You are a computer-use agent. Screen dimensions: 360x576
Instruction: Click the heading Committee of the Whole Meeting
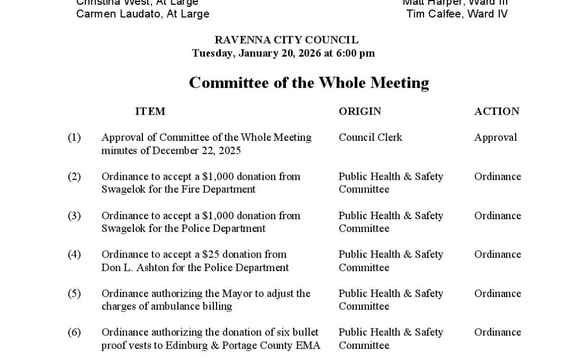[309, 83]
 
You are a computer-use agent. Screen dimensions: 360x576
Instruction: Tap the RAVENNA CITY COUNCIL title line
[286, 40]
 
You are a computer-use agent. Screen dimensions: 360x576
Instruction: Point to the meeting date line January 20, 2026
[283, 53]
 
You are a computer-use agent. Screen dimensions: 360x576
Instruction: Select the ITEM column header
[150, 111]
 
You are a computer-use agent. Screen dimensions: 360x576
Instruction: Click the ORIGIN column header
[360, 111]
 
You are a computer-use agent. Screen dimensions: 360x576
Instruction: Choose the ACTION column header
[497, 111]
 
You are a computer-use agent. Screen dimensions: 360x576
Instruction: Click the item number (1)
[74, 137]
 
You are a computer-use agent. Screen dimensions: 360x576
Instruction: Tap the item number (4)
[74, 254]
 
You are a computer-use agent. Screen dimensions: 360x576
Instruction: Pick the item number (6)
[74, 332]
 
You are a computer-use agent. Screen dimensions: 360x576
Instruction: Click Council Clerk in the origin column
[370, 137]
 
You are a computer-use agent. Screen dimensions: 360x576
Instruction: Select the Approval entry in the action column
[495, 137]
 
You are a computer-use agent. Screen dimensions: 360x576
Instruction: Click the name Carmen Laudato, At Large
[142, 14]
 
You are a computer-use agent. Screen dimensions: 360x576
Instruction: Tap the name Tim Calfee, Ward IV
[457, 14]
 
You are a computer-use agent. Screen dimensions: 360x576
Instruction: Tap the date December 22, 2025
[196, 150]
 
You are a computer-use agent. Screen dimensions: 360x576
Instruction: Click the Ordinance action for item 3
[498, 215]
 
